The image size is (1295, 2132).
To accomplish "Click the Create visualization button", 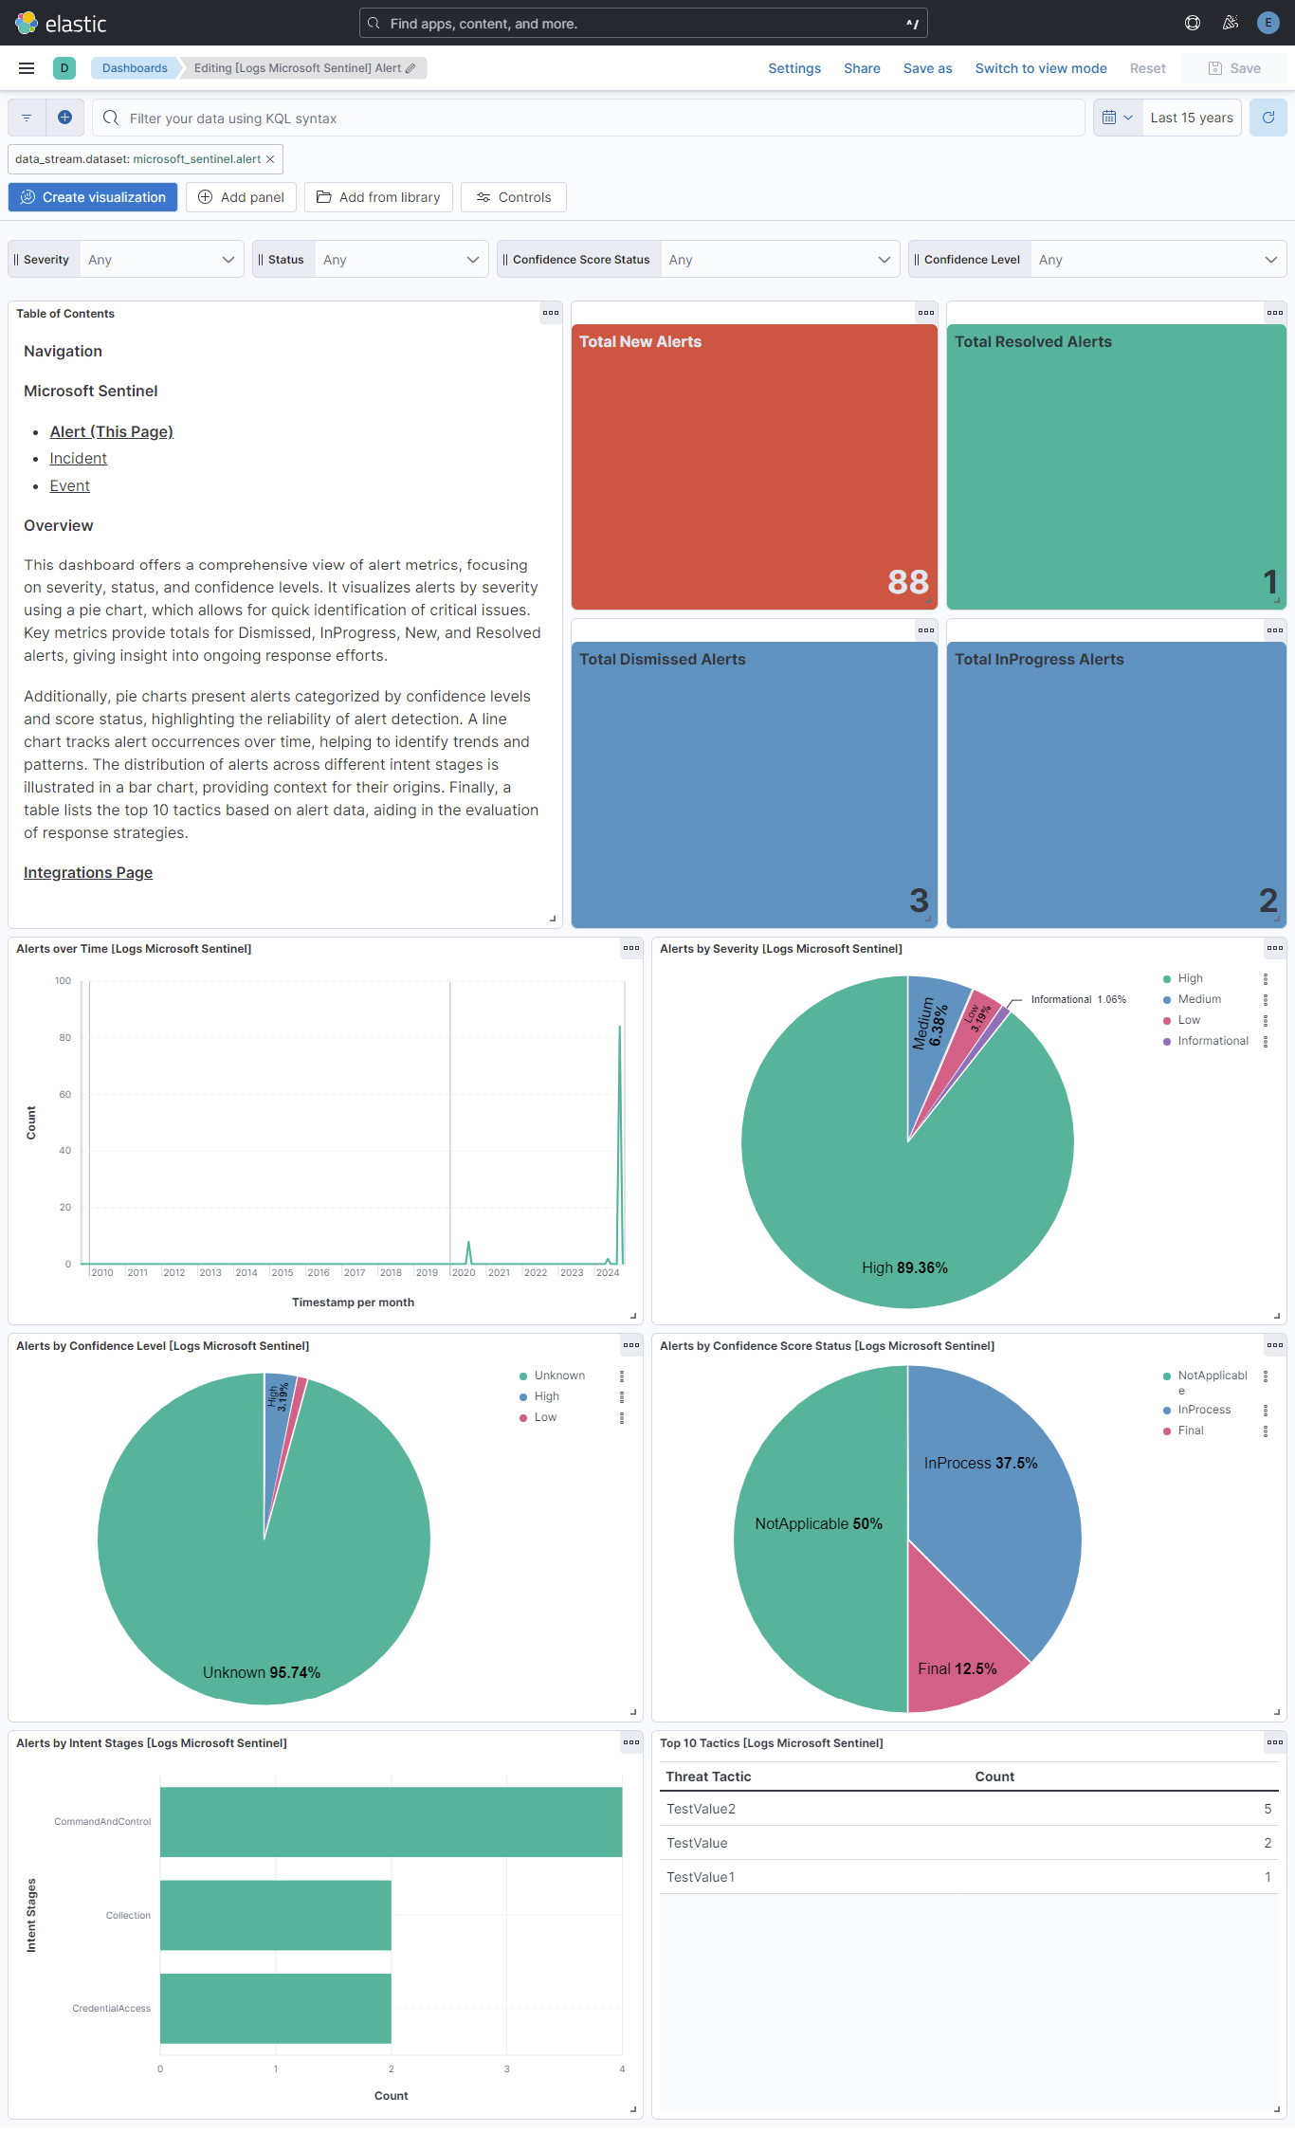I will pos(93,197).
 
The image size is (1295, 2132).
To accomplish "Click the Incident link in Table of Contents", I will pos(78,459).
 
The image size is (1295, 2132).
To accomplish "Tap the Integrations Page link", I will pos(88,873).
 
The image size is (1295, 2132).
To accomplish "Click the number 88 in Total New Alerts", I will pos(907,582).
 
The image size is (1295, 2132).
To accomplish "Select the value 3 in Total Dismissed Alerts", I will pos(919,901).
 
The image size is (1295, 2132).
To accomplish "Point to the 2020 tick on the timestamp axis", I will pos(464,1273).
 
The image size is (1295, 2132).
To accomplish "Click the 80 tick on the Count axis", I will pos(65,1038).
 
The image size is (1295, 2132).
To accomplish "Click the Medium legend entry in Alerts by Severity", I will pos(1198,999).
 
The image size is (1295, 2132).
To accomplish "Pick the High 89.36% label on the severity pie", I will pos(904,1268).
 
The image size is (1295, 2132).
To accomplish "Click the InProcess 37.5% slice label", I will pos(980,1464).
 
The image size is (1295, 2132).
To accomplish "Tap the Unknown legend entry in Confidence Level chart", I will pos(558,1376).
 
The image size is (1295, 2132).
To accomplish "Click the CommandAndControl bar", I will pos(391,1822).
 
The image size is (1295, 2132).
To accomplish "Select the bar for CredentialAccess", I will pos(275,2008).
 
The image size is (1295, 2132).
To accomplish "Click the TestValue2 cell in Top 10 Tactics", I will pos(701,1810).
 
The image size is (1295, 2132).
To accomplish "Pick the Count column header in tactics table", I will pos(994,1777).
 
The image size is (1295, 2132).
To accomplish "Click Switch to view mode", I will pos(1040,68).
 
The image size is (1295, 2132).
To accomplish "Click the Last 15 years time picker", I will pos(1191,118).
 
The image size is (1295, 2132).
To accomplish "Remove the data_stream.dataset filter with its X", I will pos(270,159).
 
